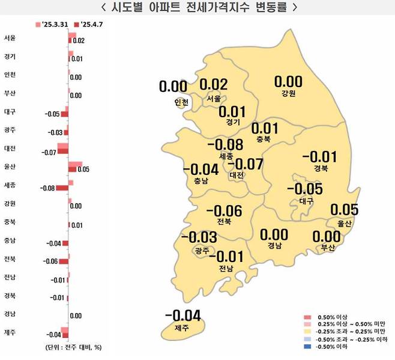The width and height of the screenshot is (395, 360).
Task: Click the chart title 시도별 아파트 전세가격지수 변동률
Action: (197, 8)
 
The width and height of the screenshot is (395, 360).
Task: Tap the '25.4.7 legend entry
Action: (85, 25)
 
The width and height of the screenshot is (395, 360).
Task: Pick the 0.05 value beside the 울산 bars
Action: (83, 170)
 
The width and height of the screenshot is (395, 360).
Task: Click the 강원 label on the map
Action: (288, 94)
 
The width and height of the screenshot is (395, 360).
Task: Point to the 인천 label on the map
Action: (181, 102)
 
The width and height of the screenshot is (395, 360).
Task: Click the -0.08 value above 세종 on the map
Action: (225, 145)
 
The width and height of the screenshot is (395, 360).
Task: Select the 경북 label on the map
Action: (320, 169)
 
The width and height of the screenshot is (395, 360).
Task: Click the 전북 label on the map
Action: (223, 222)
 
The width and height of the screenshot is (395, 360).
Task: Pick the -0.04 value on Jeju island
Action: (182, 316)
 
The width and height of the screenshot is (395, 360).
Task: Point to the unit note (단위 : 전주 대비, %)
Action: (73, 348)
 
